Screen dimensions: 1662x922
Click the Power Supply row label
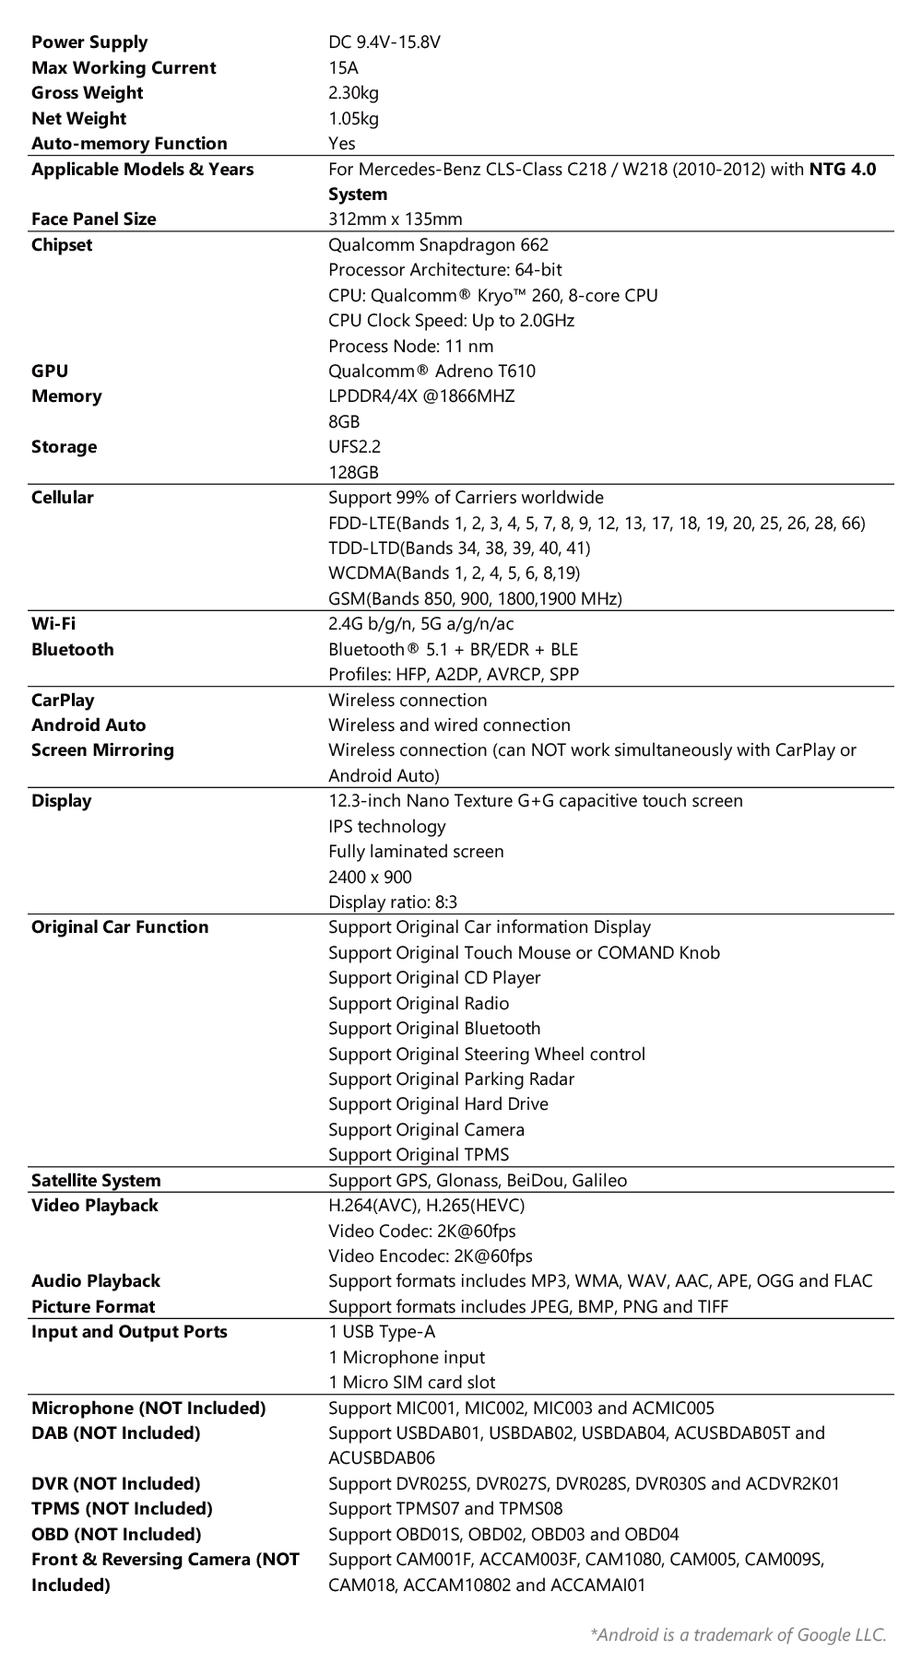89,42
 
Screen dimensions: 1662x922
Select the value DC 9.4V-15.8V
384,42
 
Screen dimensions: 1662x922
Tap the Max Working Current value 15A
343,67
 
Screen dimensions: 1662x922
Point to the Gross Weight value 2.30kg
353,93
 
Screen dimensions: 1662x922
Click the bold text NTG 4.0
842,169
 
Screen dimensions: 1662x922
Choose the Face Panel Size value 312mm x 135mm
396,219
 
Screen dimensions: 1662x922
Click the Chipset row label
62,244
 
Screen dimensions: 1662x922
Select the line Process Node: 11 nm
410,346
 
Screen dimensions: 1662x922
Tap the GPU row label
50,371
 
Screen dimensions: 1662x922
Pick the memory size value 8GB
344,421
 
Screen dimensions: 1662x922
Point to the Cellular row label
63,498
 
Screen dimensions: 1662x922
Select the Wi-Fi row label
53,624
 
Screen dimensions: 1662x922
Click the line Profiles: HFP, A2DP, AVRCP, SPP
454,675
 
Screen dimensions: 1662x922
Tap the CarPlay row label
63,700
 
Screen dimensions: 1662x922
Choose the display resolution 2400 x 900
370,877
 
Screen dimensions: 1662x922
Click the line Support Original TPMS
419,1155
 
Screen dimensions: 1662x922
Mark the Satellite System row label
96,1181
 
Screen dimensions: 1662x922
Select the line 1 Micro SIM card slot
411,1383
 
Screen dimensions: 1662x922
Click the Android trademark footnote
738,1634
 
